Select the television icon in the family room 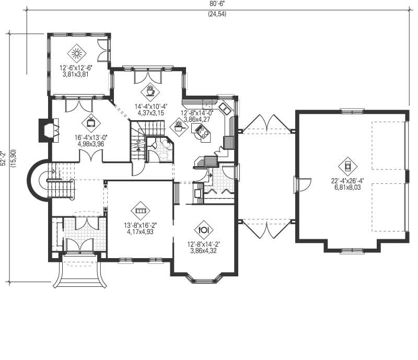pos(91,123)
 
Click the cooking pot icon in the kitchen pos(179,127)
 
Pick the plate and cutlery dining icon pos(204,229)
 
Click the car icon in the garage pos(347,167)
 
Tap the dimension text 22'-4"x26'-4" pos(347,181)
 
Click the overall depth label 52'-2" pos(4,158)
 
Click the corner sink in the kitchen pos(226,109)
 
